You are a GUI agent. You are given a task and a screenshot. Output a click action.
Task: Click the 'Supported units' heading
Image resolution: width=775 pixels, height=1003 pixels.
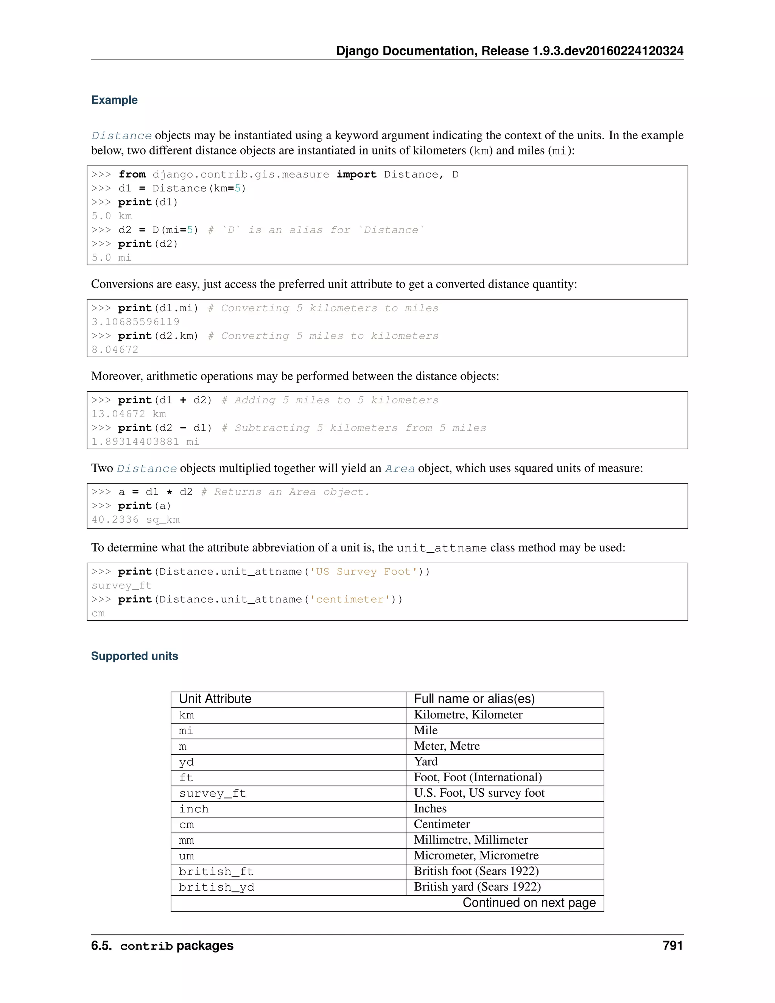(x=134, y=656)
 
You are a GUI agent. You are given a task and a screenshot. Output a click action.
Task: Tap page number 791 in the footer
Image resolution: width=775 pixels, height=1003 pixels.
(x=672, y=945)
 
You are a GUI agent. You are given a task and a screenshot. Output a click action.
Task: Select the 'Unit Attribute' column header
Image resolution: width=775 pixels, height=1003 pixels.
(x=215, y=699)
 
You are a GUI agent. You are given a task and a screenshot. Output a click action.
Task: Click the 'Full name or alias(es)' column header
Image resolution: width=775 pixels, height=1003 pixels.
(x=474, y=699)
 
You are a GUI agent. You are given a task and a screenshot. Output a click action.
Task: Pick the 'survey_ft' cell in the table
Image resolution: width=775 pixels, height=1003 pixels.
(x=212, y=794)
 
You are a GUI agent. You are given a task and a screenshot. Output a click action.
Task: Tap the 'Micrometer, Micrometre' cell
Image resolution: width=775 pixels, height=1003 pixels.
(x=476, y=856)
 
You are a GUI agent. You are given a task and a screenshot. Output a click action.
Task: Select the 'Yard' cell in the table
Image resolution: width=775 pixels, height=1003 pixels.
(x=426, y=762)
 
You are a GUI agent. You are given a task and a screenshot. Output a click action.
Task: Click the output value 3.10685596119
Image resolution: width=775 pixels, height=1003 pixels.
(x=135, y=322)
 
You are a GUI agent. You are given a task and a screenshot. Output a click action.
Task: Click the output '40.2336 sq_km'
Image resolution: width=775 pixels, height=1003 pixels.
(x=135, y=520)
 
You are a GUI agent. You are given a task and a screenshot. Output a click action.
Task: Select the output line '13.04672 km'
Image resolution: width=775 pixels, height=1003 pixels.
(x=129, y=414)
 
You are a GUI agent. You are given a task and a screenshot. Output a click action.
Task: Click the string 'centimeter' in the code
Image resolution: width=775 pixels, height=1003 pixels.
(x=350, y=600)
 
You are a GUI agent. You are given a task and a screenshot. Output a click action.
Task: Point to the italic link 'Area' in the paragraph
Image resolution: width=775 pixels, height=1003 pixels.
(x=400, y=469)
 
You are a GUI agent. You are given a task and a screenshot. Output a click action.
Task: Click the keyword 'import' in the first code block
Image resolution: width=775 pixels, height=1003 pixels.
(x=356, y=174)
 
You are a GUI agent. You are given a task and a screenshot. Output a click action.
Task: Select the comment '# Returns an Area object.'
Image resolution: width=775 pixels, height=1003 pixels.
(x=285, y=492)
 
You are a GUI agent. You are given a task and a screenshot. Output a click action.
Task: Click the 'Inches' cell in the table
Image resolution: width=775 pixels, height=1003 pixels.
(x=430, y=809)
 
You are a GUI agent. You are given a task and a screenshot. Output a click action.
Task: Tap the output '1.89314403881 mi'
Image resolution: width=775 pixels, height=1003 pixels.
(x=145, y=442)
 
